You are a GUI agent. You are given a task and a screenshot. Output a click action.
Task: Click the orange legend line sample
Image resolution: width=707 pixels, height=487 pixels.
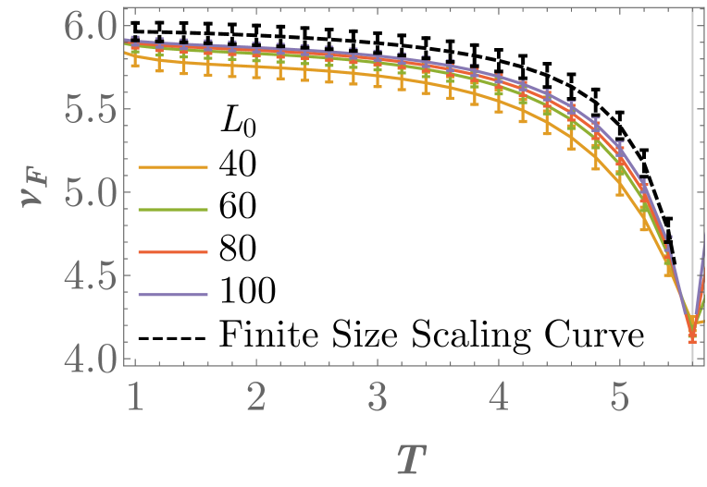click(173, 167)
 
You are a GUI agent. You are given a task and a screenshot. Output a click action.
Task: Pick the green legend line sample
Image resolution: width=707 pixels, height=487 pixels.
click(173, 210)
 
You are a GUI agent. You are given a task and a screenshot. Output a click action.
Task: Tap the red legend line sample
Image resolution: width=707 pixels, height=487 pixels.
click(173, 252)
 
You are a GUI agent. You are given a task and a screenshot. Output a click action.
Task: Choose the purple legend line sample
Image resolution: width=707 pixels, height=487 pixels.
click(173, 295)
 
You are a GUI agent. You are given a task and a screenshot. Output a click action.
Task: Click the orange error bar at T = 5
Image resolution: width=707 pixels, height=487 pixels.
click(621, 181)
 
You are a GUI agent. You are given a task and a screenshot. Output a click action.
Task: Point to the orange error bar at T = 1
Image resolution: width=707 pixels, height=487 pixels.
click(136, 57)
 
